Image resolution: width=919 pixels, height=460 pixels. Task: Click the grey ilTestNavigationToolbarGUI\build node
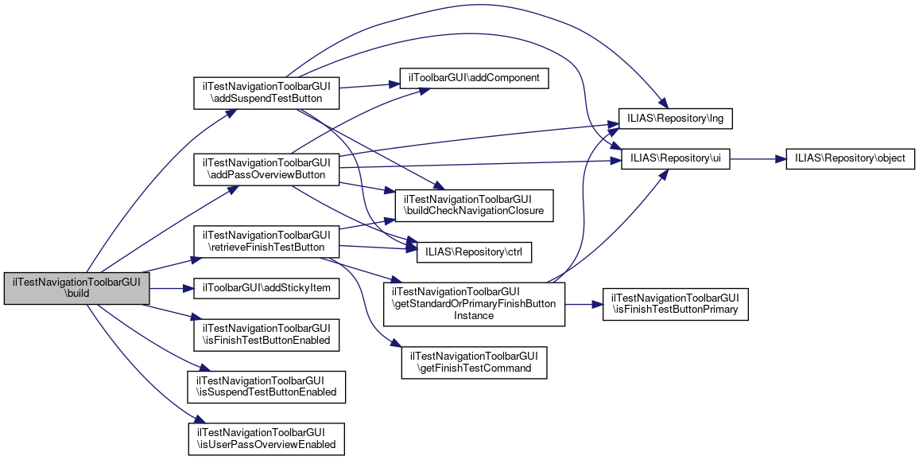(77, 288)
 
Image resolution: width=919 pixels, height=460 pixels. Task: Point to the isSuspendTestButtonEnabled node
(266, 386)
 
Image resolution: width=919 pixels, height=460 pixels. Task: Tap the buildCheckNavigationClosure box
(468, 205)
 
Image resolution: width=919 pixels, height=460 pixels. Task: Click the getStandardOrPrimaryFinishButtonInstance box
(474, 303)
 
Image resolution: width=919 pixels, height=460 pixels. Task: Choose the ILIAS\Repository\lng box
(676, 119)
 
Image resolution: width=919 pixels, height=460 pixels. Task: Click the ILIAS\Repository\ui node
(676, 158)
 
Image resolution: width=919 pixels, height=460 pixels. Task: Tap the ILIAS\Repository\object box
(850, 158)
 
